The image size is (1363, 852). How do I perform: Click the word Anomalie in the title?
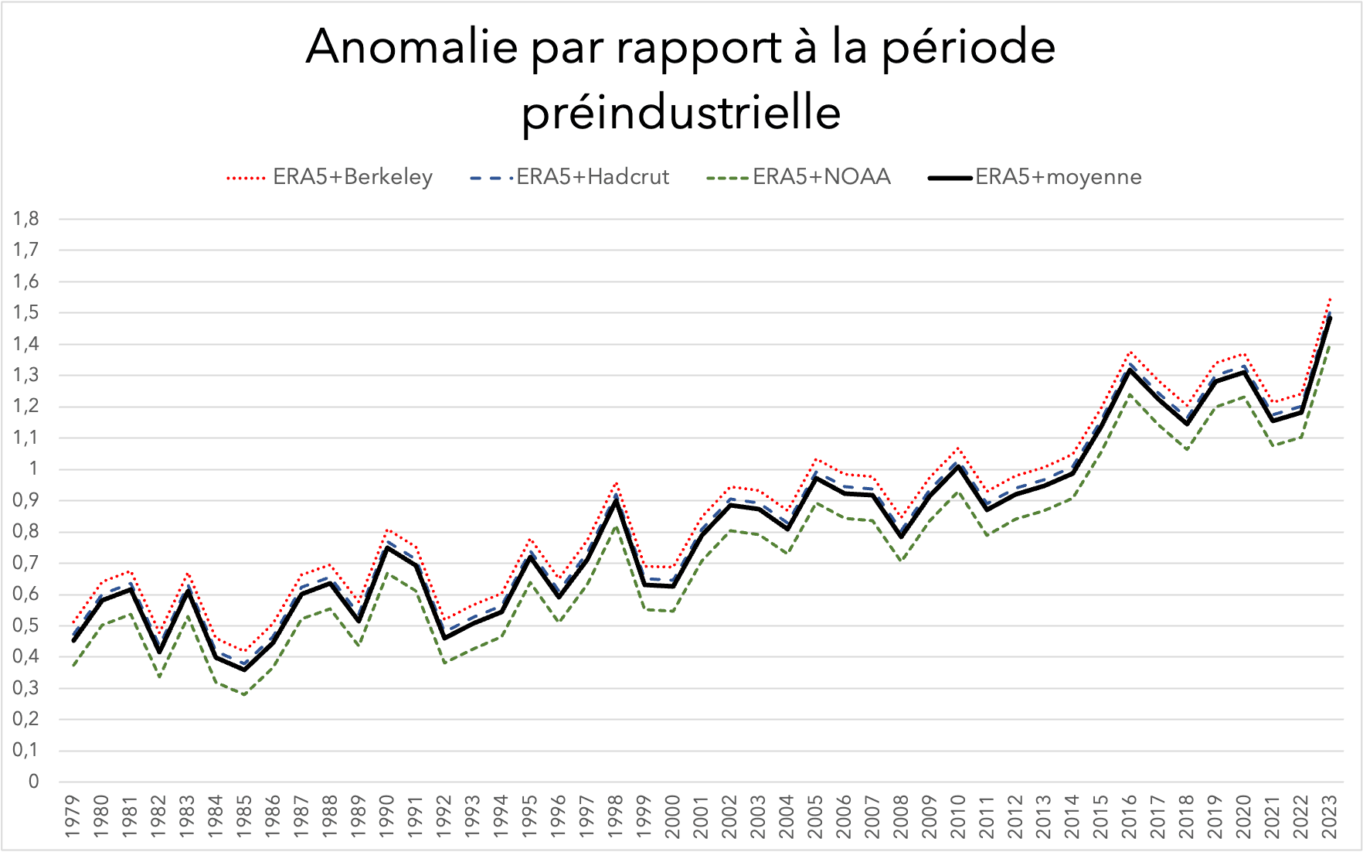411,48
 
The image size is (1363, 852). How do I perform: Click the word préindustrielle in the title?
681,113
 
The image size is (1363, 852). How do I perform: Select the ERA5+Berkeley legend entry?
352,177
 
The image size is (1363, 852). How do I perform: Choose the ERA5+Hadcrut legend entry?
592,177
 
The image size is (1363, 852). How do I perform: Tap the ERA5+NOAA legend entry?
821,177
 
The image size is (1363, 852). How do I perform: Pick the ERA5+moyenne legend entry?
1058,177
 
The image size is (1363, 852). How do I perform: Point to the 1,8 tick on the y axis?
26,219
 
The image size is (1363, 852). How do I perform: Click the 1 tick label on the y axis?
33,469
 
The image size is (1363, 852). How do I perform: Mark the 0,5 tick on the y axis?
26,625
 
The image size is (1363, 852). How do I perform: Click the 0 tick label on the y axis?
33,782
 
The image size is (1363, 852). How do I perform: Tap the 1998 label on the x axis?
616,816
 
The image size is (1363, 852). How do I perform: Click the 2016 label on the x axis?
1130,816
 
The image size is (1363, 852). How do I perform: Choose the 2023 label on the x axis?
1330,816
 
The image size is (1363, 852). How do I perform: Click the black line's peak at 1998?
616,500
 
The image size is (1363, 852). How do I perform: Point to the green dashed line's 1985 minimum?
245,694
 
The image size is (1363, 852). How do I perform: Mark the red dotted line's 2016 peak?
1130,352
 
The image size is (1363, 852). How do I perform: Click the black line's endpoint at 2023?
1330,318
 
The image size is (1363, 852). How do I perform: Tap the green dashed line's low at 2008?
901,561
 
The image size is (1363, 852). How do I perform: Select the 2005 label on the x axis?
815,816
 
